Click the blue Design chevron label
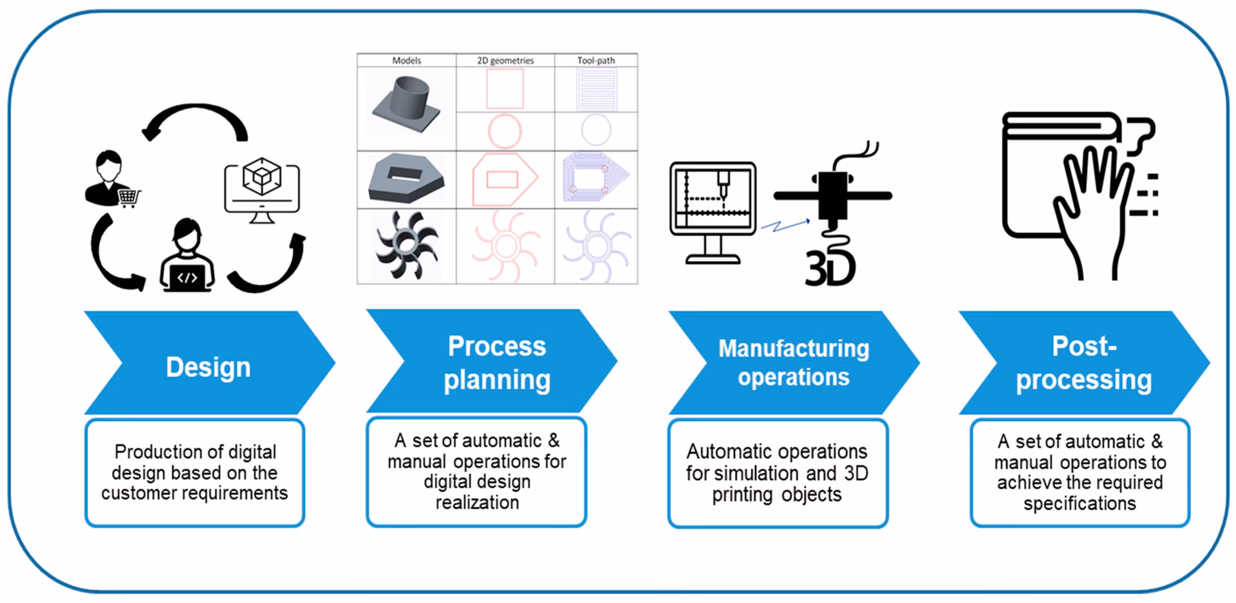click(208, 367)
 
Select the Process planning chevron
click(496, 363)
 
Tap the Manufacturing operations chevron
click(793, 363)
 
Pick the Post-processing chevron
click(1083, 363)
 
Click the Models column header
click(406, 61)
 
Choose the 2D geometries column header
click(505, 61)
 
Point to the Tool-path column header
click(595, 61)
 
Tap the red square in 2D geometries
click(505, 89)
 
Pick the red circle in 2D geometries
click(505, 131)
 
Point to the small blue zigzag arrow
click(785, 225)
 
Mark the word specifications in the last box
click(1080, 503)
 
